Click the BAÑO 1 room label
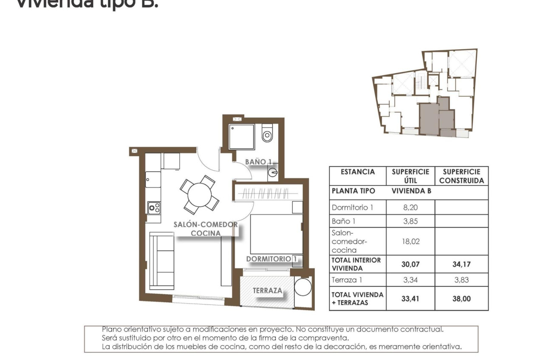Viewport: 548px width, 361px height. click(258, 162)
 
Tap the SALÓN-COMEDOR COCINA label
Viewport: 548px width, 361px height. click(206, 228)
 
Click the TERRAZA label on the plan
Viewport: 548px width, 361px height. click(267, 290)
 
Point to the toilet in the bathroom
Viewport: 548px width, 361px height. click(267, 134)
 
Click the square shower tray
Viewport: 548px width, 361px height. click(242, 137)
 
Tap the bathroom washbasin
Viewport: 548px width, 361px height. click(273, 172)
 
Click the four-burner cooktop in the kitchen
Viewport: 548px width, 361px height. click(154, 208)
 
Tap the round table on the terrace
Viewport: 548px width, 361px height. click(303, 288)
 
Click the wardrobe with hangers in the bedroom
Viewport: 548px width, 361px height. click(268, 193)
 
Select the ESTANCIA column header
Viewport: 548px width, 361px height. click(358, 172)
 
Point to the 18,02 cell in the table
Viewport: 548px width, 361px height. click(410, 241)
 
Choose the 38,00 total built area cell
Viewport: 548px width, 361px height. click(461, 299)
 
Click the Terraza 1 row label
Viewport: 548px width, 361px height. click(347, 280)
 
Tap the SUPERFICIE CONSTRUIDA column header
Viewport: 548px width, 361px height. click(461, 176)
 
